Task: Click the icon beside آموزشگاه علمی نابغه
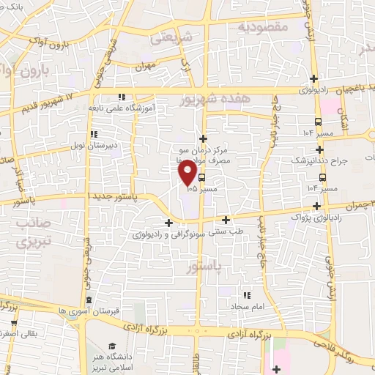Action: [122, 96]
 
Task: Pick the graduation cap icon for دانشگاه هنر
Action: [111, 346]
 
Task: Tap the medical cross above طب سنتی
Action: [226, 220]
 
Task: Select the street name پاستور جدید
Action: [113, 198]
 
